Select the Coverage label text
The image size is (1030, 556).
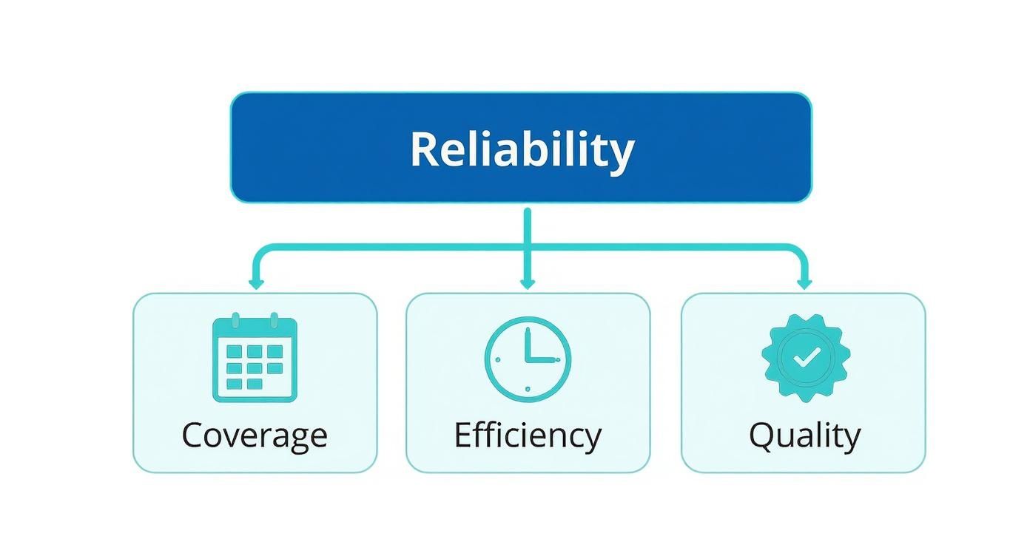pos(255,435)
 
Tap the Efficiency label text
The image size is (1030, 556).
pos(527,435)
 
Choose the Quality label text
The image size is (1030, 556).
pos(804,435)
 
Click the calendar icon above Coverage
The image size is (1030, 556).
pos(255,359)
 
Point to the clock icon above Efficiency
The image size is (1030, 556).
pos(528,359)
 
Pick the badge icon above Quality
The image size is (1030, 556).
pos(806,358)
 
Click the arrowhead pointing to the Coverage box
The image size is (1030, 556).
pos(256,283)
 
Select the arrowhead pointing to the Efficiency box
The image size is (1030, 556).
pos(527,283)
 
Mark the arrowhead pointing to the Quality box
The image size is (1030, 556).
pos(805,283)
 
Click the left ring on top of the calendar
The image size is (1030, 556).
pos(236,320)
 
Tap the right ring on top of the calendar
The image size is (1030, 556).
pos(273,320)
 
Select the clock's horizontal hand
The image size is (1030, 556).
pos(542,360)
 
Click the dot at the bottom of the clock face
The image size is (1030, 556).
pos(528,388)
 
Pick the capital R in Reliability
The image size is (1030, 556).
pos(425,149)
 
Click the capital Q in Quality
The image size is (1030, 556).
pos(763,435)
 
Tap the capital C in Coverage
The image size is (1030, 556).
pos(194,435)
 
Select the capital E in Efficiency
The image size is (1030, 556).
pos(463,435)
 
